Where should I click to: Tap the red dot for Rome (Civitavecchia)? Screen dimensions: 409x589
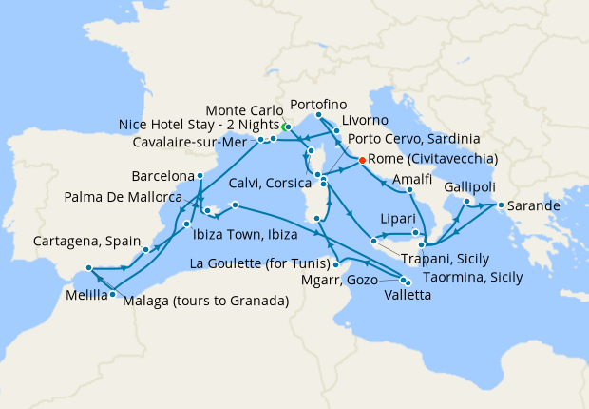coord(362,160)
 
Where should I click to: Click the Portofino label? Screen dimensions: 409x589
coord(319,103)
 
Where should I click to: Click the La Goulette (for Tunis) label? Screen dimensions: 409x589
coord(259,263)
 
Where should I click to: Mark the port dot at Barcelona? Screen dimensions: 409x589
coord(200,177)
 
